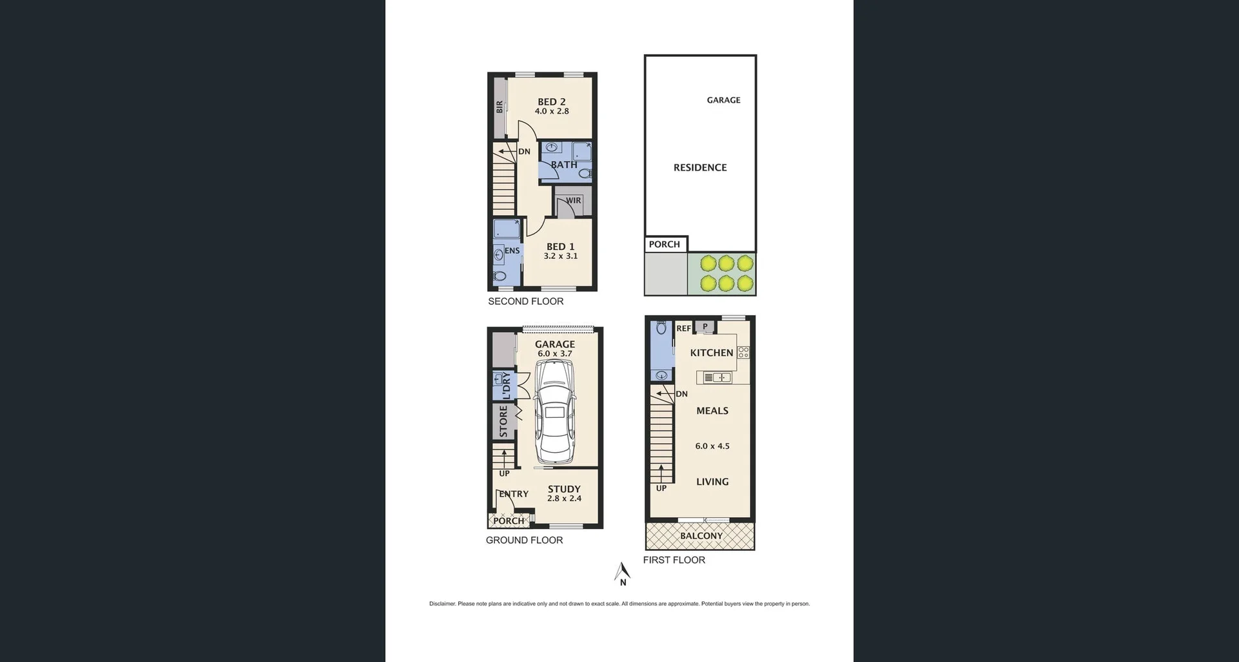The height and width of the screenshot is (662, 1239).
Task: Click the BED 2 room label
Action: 551,102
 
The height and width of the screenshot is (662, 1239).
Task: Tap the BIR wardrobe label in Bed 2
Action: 499,107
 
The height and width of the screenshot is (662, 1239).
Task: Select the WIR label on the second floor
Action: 574,201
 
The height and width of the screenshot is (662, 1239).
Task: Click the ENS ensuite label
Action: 512,251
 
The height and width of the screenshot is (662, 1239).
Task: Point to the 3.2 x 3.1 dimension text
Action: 560,256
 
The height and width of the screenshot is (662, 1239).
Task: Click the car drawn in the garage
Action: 555,412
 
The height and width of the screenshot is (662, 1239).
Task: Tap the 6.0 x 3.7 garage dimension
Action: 554,354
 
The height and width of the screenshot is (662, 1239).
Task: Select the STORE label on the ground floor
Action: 503,421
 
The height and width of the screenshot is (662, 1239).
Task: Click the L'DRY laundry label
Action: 507,386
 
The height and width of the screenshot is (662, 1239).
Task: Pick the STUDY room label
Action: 564,489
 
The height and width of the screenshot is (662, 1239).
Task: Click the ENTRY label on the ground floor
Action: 514,494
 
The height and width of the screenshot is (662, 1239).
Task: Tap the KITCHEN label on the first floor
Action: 711,353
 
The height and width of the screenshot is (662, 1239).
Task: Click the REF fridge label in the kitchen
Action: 683,329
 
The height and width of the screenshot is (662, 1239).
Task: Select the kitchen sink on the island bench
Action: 717,377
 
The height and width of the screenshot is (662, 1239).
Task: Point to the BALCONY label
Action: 701,536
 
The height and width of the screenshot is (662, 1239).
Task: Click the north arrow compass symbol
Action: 622,573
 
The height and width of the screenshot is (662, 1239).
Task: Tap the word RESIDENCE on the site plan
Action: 700,168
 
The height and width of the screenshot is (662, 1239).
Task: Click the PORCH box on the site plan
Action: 665,244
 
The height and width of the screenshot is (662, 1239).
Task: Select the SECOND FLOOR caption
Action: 525,302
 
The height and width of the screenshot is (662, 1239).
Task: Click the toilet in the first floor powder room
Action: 661,328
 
